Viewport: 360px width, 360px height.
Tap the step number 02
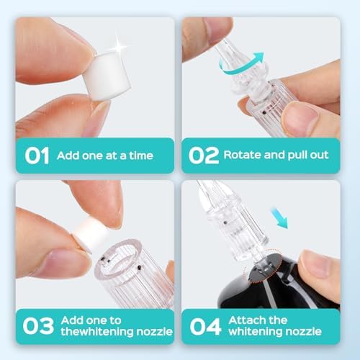click(202, 155)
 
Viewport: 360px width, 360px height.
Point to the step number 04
click(203, 326)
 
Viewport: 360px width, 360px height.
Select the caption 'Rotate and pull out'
click(276, 156)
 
